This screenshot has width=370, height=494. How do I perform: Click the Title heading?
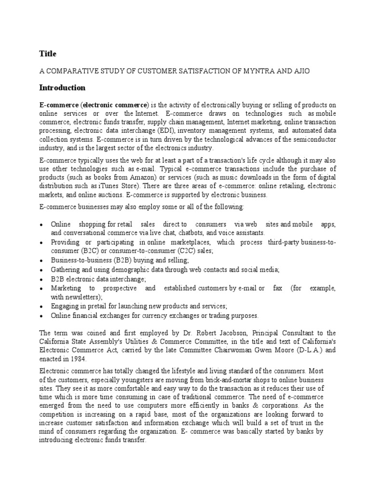[47, 54]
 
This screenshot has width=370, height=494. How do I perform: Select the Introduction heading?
[62, 88]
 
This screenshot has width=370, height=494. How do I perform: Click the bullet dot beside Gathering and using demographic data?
[43, 270]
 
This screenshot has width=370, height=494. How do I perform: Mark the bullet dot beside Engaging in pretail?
[43, 306]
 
